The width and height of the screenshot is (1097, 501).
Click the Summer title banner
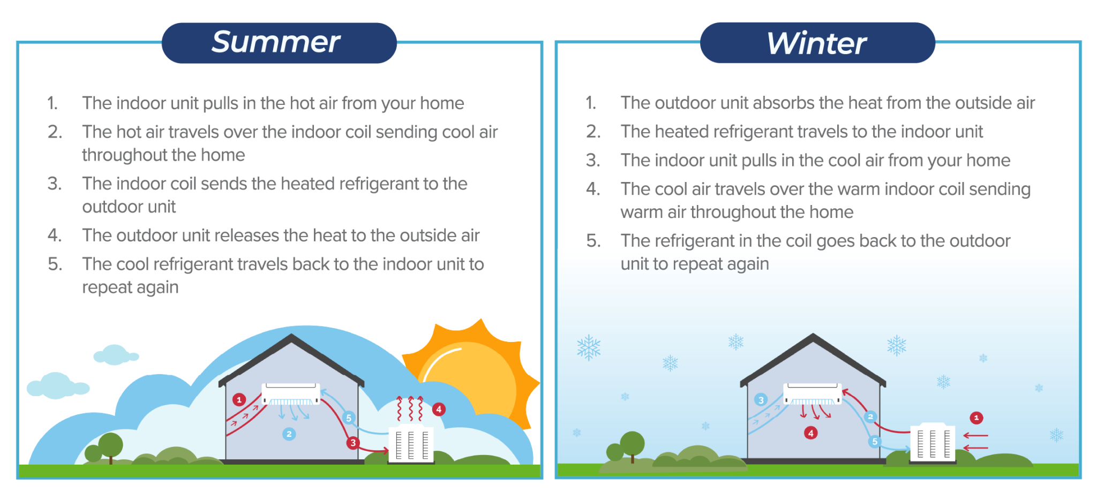[279, 43]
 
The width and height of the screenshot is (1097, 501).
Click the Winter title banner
[817, 43]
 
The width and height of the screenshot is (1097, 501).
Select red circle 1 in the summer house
[239, 399]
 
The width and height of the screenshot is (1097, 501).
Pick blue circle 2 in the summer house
[289, 434]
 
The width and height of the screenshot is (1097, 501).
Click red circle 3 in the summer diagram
[352, 443]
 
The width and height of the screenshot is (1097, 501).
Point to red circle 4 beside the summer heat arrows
[439, 409]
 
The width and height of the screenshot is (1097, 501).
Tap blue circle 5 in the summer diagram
[349, 417]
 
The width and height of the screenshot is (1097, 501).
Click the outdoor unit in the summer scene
[411, 444]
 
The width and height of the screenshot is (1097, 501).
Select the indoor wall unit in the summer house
[290, 393]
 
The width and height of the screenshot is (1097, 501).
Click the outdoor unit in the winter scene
[933, 443]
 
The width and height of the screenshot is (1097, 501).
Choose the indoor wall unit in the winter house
[812, 393]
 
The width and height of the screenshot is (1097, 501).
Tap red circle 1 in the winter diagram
[976, 417]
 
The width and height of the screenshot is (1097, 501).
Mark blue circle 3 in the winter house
[761, 400]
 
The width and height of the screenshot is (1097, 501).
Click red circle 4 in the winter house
[810, 432]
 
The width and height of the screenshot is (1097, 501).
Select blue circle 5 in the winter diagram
[875, 442]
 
